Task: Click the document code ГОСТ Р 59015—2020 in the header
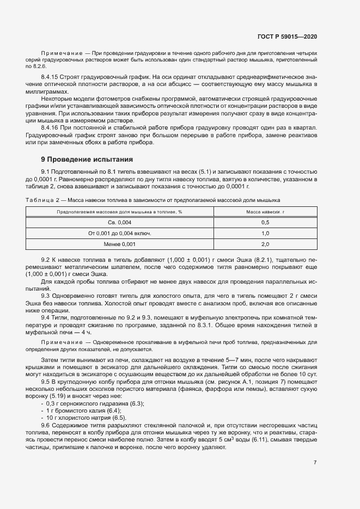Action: point(287,36)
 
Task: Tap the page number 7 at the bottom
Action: point(315,462)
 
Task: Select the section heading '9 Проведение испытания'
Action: point(87,160)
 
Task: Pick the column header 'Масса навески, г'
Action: point(266,211)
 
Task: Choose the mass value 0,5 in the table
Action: point(266,222)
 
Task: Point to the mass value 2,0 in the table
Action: point(266,244)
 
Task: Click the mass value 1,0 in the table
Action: point(266,233)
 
